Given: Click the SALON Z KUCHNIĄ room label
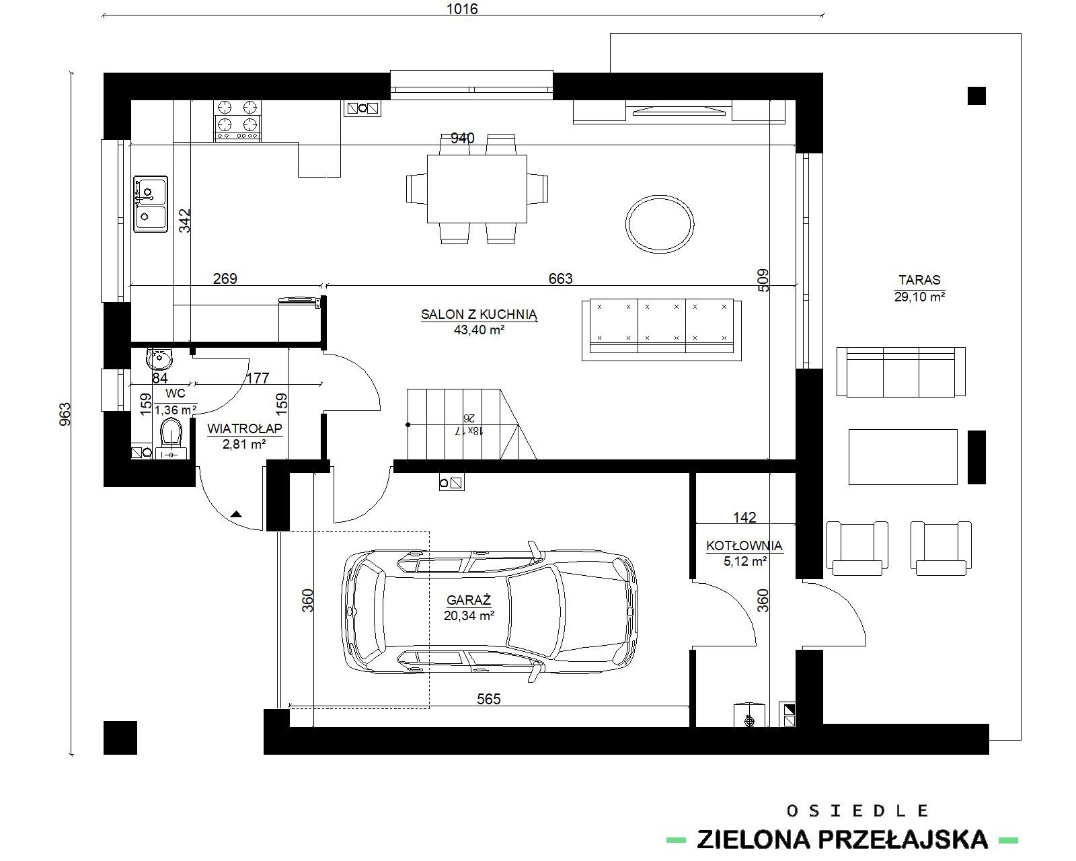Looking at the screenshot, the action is [x=479, y=315].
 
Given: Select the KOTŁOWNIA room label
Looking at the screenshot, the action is [x=744, y=546].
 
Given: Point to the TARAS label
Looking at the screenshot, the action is [x=919, y=280].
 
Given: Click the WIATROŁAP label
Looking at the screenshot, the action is [x=245, y=428].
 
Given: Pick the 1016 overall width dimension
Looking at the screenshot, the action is [x=462, y=9].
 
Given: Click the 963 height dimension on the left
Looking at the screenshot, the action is [x=65, y=414].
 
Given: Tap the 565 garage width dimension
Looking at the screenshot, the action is [x=488, y=699].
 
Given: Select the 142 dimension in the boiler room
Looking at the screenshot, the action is [x=744, y=517].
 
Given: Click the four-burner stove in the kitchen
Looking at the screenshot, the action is [x=237, y=120].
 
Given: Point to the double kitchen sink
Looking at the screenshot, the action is [x=150, y=204].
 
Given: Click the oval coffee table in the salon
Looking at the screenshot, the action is [x=660, y=224].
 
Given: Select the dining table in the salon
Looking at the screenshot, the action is [x=477, y=188].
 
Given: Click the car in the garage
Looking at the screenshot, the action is [x=489, y=612].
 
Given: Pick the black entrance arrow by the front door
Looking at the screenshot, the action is [x=237, y=514].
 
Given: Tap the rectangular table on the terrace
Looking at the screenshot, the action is [x=903, y=457].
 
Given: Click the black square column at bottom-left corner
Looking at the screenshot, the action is [x=120, y=737].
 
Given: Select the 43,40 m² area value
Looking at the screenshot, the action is [x=479, y=330].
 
